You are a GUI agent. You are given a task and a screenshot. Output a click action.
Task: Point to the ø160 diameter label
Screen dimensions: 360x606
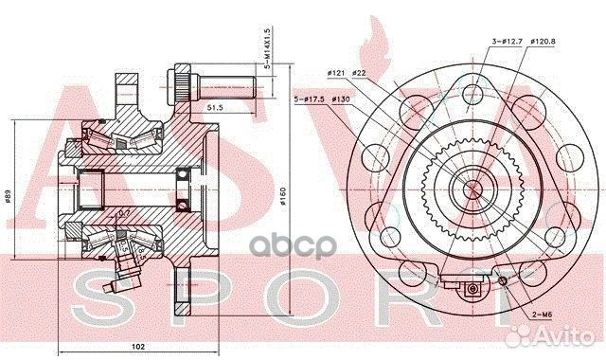[x=282, y=196]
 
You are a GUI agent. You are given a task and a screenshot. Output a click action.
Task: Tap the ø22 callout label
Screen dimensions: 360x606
[x=359, y=73]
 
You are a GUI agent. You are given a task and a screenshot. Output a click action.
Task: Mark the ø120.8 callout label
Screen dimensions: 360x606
[x=542, y=42]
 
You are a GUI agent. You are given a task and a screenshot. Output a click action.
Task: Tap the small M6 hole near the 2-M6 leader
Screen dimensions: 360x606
[x=504, y=278]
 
